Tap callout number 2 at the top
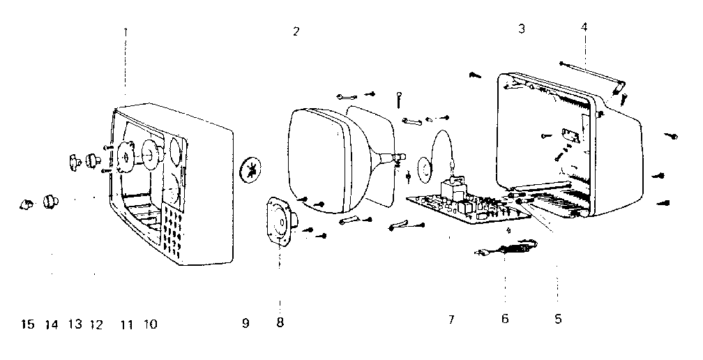point(296,31)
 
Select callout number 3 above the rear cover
point(522,29)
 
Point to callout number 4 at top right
point(584,27)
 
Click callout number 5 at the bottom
point(557,320)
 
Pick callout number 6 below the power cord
point(505,320)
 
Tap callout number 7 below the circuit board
point(451,320)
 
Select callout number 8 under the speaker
point(280,323)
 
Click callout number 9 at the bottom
point(245,324)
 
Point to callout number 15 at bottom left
point(27,324)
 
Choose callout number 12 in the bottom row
point(96,324)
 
